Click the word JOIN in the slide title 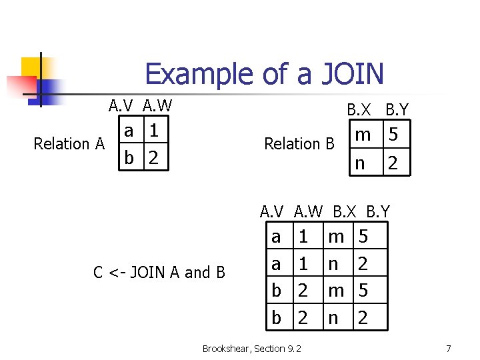[x=349, y=73]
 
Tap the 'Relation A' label [x=69, y=143]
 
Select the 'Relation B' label [x=299, y=143]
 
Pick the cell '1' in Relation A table [x=154, y=131]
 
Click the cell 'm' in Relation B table [x=363, y=135]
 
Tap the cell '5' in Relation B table [x=393, y=135]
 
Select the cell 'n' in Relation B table [x=361, y=162]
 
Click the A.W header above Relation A [x=157, y=105]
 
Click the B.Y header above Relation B [x=397, y=109]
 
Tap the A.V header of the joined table [x=272, y=212]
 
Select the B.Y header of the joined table [x=378, y=212]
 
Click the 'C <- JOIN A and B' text [x=159, y=272]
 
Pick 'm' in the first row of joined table [x=336, y=236]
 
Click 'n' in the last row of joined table [x=333, y=318]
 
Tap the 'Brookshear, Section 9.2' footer [x=251, y=348]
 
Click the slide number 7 [x=448, y=348]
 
